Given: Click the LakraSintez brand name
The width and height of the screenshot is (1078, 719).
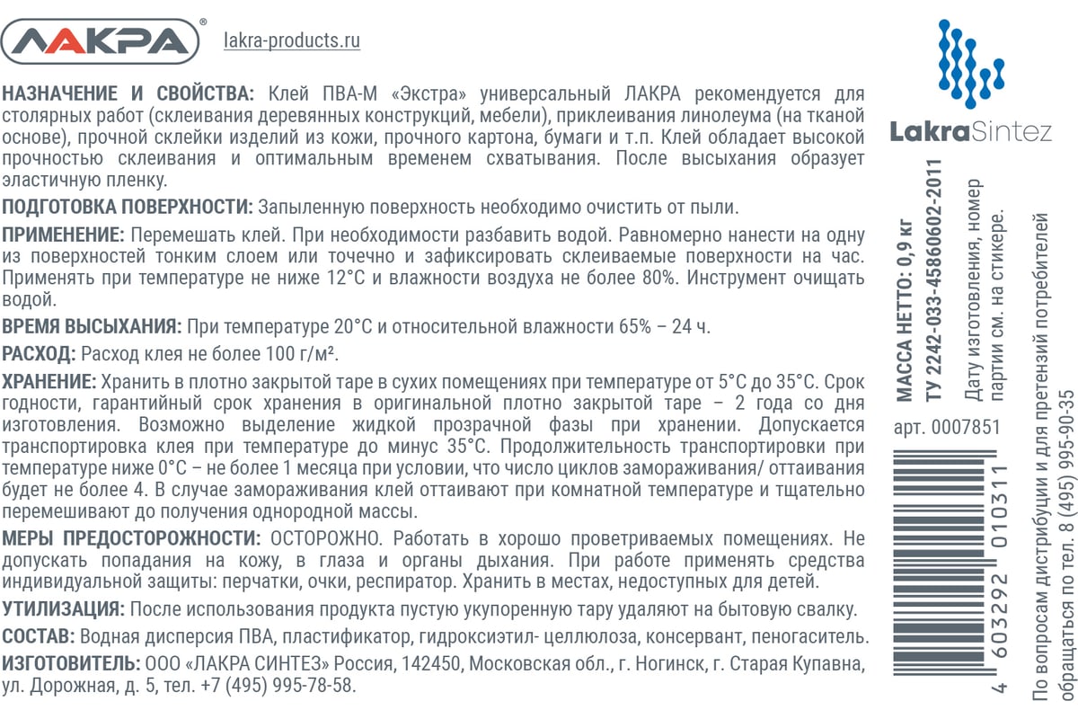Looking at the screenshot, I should [x=970, y=132].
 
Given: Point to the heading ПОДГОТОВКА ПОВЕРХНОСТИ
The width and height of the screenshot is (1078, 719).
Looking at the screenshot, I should [x=128, y=208].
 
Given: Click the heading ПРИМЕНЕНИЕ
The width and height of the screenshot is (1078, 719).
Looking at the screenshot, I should [x=63, y=235].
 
